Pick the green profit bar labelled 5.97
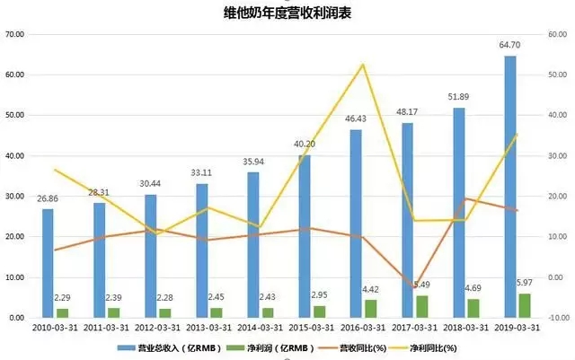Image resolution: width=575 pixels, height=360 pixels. coord(525,305)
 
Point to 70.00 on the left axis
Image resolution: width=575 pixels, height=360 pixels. coord(14,35)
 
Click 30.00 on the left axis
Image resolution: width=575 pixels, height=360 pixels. coord(14,197)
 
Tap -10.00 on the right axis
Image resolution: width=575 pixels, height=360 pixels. coord(557,318)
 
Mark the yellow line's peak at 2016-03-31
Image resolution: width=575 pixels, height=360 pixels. coord(363,65)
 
